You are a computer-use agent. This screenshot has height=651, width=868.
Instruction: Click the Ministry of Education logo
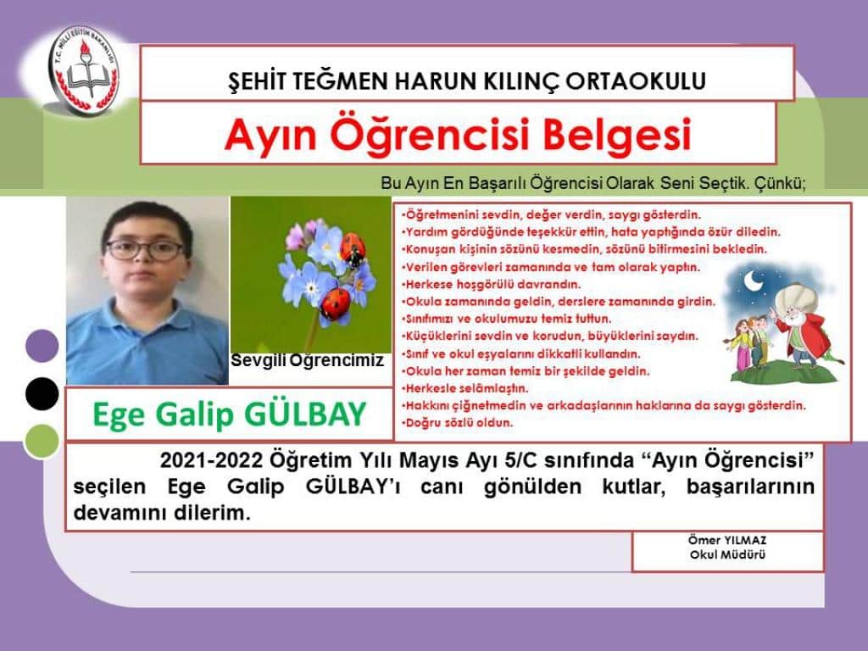point(84,70)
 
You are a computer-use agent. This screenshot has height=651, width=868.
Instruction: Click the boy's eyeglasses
point(145,250)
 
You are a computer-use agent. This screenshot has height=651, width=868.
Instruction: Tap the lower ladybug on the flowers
point(335,303)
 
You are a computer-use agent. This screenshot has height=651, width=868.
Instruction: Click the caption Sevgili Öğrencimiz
point(307,361)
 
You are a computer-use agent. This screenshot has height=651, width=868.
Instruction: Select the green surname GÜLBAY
point(305,414)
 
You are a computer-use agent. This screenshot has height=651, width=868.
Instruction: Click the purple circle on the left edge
point(42,346)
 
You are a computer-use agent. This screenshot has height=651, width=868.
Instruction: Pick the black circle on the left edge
point(42,393)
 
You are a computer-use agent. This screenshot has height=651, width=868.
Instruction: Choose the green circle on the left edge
point(42,441)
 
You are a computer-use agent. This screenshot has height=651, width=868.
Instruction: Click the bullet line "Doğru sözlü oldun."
point(457,423)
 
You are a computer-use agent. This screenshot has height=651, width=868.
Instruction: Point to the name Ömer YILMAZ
point(727,540)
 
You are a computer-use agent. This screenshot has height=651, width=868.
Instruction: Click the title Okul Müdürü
point(727,554)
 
